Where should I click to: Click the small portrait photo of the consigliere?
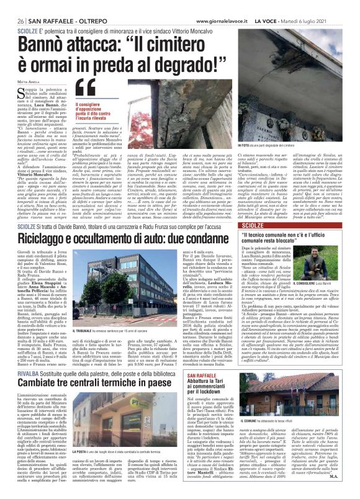[x=335, y=264]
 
